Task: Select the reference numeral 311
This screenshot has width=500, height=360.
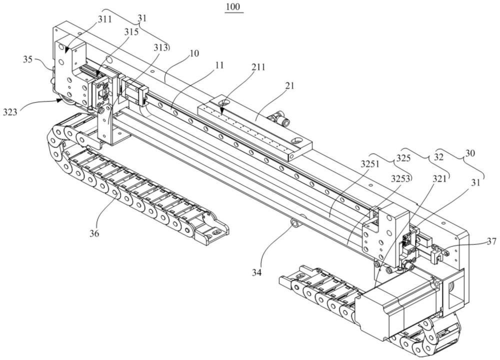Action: pos(105,19)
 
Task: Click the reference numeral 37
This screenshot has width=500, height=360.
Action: pos(491,242)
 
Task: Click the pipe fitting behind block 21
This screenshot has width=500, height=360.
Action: pos(279,119)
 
